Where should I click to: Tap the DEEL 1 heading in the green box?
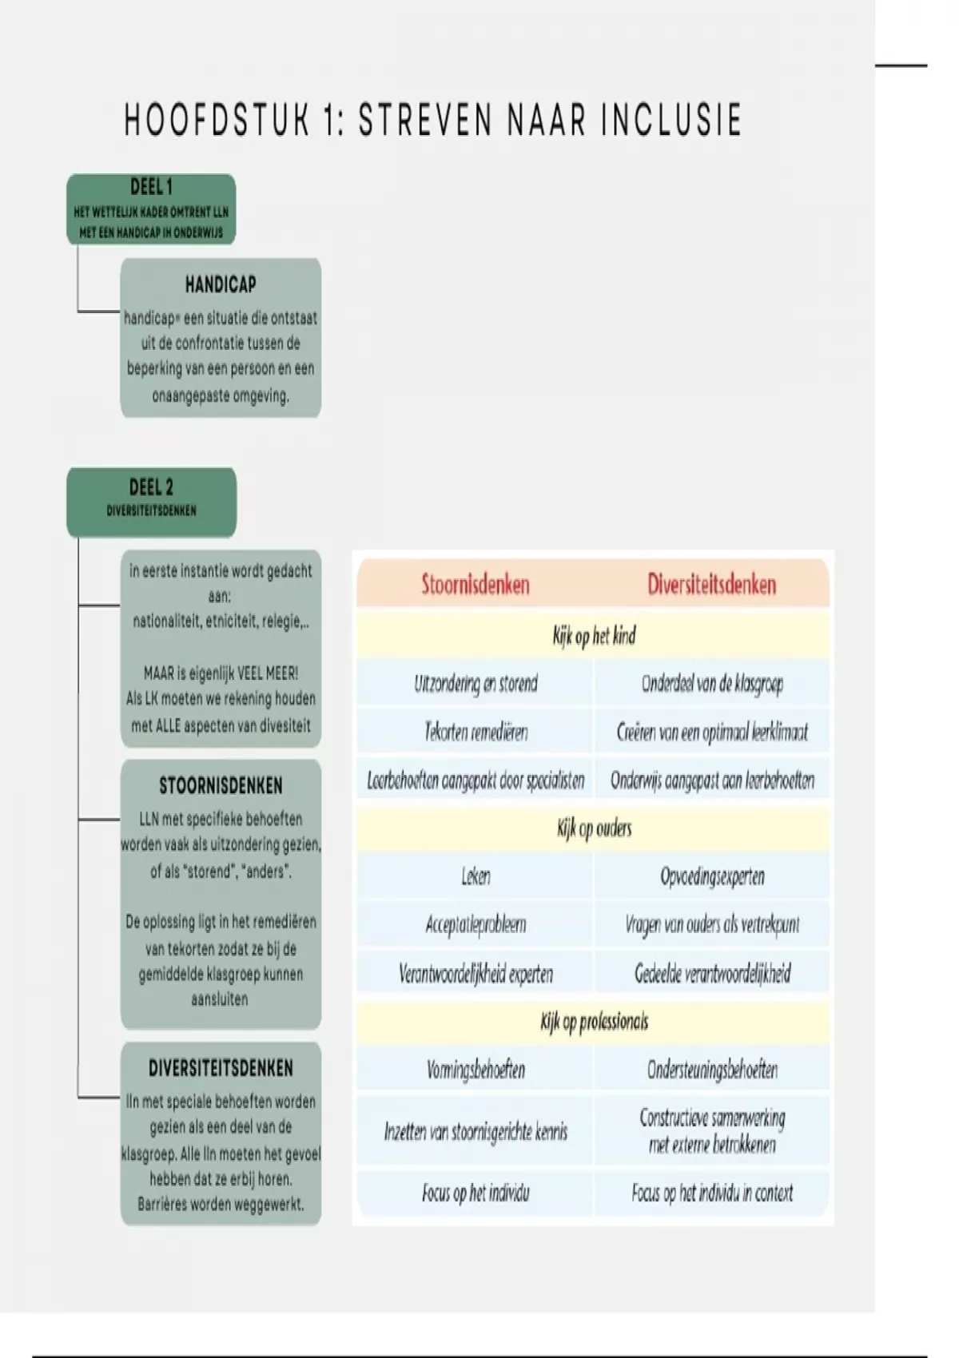[151, 188]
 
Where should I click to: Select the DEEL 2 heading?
[151, 487]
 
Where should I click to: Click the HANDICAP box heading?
[221, 284]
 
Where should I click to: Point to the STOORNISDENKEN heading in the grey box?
[221, 786]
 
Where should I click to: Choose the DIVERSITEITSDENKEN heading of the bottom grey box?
[221, 1069]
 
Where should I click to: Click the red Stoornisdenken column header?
[476, 585]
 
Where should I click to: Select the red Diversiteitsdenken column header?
[711, 585]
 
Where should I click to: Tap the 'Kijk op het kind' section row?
[594, 637]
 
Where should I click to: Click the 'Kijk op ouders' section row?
[594, 828]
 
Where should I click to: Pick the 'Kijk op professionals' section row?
[594, 1022]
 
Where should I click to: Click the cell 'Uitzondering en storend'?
[476, 684]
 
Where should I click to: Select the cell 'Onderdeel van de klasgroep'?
[711, 684]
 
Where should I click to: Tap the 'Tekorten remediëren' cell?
[476, 732]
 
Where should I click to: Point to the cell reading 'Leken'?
[476, 877]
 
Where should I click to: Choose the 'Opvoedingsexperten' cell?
[711, 877]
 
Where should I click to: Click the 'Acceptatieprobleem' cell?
[476, 925]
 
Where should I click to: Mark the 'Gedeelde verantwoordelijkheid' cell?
[711, 974]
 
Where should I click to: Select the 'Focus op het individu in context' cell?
[711, 1193]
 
